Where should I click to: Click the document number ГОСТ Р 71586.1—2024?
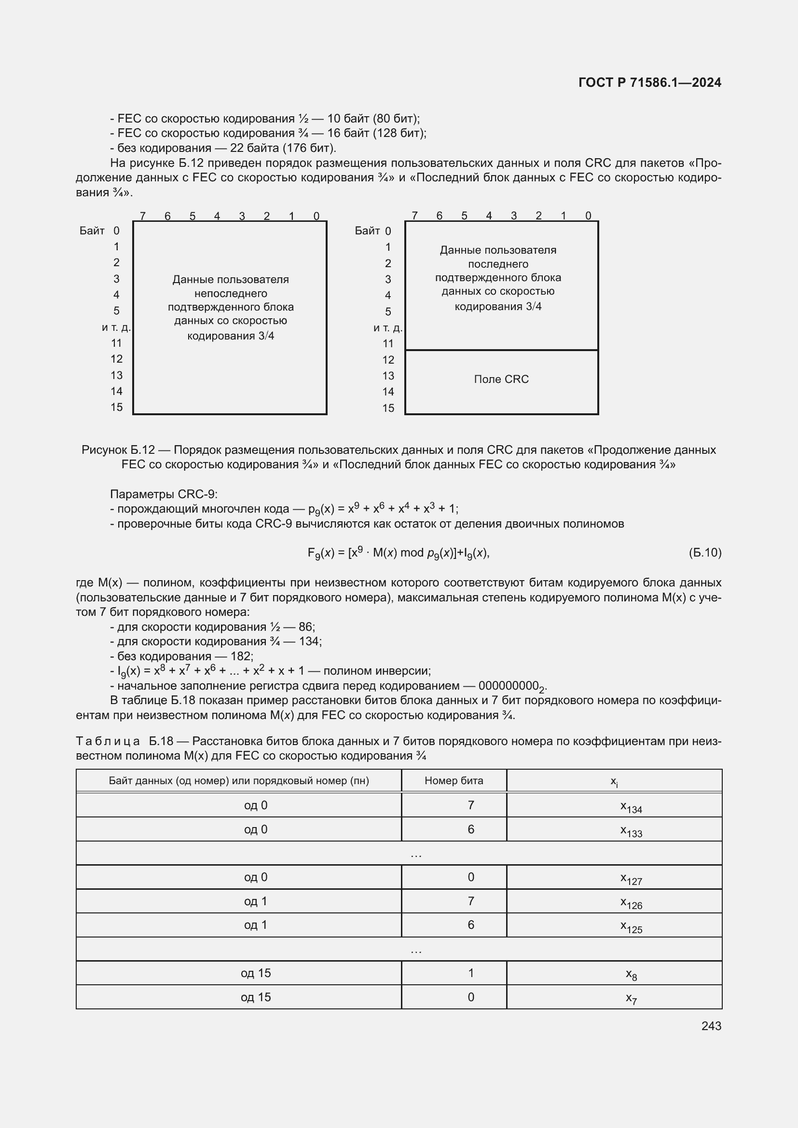tap(649, 82)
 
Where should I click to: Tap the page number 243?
tap(711, 1026)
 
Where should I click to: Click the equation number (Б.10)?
tap(704, 553)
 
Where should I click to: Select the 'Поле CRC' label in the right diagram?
tap(501, 379)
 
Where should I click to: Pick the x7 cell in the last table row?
tap(631, 998)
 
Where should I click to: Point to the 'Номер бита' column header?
tap(454, 781)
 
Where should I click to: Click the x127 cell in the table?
tap(631, 878)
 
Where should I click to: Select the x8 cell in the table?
tap(631, 974)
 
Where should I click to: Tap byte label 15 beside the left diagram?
tap(116, 408)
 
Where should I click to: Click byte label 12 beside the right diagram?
tap(388, 360)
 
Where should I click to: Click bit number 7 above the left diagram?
tap(142, 216)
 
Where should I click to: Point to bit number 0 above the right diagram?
tap(588, 216)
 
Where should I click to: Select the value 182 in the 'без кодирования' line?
tap(241, 656)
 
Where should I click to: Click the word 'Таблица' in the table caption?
tap(108, 741)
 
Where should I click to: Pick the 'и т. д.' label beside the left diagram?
tap(116, 327)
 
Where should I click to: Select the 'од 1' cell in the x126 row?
tap(256, 901)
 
